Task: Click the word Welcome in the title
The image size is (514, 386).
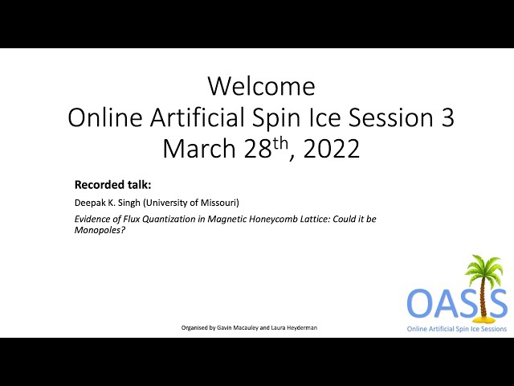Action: pyautogui.click(x=262, y=86)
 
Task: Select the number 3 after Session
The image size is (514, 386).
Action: pyautogui.click(x=447, y=117)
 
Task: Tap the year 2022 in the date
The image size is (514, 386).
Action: pyautogui.click(x=332, y=149)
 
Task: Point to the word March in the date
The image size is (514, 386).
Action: pyautogui.click(x=199, y=149)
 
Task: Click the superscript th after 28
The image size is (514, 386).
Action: pyautogui.click(x=280, y=143)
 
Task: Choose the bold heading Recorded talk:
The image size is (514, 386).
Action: pyautogui.click(x=112, y=185)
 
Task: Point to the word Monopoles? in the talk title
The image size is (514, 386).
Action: pyautogui.click(x=100, y=230)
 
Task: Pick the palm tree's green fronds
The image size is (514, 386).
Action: pyautogui.click(x=484, y=267)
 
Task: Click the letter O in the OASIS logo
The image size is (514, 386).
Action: pyautogui.click(x=421, y=303)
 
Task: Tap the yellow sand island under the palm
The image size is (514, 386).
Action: pyautogui.click(x=483, y=318)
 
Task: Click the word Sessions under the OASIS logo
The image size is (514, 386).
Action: pyautogui.click(x=494, y=329)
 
